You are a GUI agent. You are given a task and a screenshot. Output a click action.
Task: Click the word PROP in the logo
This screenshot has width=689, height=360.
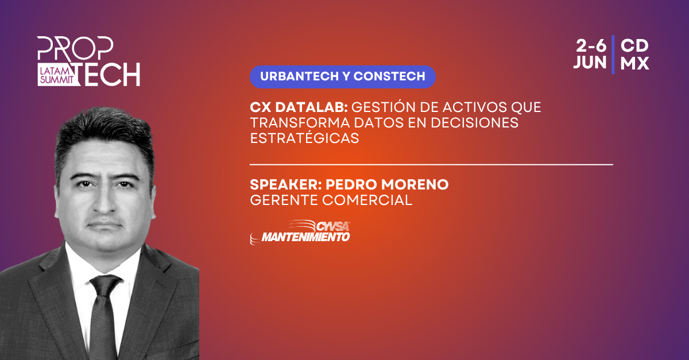click(x=75, y=48)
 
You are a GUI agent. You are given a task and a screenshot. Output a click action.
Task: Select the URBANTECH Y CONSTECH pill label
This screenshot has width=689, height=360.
click(x=343, y=76)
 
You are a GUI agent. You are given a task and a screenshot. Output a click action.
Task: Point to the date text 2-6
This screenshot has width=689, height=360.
click(x=591, y=46)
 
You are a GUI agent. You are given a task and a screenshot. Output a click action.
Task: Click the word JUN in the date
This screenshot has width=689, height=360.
click(x=590, y=63)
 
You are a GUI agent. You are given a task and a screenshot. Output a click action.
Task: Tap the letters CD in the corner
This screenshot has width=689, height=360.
click(x=634, y=46)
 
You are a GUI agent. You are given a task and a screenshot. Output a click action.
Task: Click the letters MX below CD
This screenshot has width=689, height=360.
click(x=634, y=63)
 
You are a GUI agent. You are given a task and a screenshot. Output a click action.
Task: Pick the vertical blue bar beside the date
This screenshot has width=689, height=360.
click(x=613, y=55)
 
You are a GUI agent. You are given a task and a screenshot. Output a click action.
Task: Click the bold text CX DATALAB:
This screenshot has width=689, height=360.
click(x=299, y=107)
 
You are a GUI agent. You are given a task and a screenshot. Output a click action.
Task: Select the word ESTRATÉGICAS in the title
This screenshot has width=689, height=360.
click(x=304, y=138)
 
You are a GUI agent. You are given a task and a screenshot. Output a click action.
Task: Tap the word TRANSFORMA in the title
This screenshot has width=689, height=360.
click(x=300, y=123)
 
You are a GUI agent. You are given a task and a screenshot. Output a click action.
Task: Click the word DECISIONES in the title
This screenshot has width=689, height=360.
click(x=474, y=123)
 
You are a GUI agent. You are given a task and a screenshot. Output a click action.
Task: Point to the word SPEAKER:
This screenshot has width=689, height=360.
click(x=286, y=185)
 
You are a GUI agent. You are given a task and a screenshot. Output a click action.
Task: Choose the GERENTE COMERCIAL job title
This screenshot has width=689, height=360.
click(x=331, y=200)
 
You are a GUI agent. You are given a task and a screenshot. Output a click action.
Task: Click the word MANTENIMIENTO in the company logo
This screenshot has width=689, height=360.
click(x=305, y=237)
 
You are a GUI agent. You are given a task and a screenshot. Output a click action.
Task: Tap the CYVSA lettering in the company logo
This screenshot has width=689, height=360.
click(x=333, y=227)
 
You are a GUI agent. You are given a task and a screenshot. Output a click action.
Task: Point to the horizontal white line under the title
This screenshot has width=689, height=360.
click(x=431, y=165)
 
